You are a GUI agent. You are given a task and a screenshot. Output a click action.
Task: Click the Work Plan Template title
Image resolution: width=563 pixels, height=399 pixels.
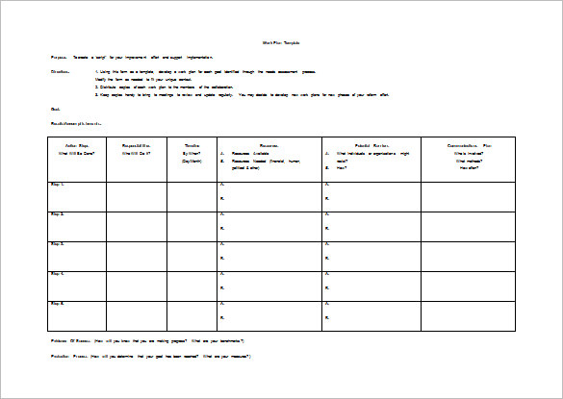(282, 42)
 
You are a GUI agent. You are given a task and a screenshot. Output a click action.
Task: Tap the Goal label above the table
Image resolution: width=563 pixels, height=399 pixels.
(55, 110)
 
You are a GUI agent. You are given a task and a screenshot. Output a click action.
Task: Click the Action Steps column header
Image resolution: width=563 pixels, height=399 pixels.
(76, 146)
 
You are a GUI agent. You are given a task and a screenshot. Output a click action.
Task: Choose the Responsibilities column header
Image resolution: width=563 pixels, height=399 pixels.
(136, 146)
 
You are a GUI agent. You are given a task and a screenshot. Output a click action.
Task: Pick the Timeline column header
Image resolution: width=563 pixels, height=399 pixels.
(192, 146)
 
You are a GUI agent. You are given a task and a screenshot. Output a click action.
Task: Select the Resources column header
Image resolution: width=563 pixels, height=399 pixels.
(269, 146)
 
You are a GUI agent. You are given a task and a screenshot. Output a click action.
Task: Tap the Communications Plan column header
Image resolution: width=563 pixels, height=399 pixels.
(469, 146)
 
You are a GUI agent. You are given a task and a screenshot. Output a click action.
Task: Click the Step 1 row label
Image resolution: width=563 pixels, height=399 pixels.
(58, 184)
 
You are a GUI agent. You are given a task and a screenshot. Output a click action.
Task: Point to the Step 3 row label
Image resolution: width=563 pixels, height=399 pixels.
(58, 243)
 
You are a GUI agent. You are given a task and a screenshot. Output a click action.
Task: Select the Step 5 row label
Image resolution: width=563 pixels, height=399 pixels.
(58, 303)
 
